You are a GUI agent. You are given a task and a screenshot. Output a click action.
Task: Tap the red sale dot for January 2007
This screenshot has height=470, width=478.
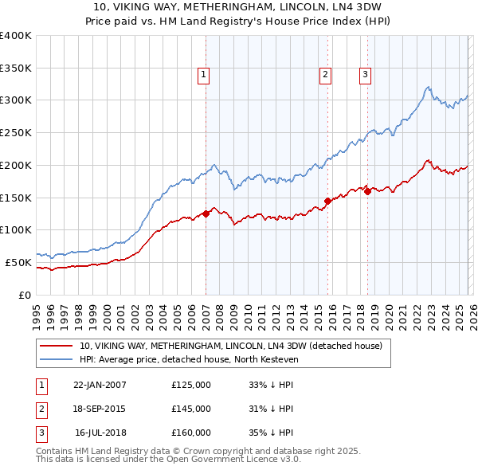(x=206, y=213)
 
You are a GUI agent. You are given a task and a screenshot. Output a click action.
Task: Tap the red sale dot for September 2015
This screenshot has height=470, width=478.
(x=327, y=201)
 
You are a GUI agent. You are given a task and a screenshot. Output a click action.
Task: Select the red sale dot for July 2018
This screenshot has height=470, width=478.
(x=367, y=191)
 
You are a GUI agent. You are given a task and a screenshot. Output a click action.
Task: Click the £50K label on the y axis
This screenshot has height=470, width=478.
(x=18, y=261)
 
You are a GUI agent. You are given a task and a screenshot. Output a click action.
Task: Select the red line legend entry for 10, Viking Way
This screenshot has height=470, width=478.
(x=231, y=346)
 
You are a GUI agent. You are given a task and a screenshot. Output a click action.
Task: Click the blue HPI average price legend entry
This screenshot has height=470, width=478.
(x=188, y=360)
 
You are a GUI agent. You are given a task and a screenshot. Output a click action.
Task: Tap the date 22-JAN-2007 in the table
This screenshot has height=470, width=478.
(x=100, y=385)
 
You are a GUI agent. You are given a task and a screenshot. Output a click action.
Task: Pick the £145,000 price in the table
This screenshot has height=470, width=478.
(x=191, y=409)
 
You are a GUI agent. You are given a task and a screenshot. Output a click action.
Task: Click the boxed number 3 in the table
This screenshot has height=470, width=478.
(x=39, y=433)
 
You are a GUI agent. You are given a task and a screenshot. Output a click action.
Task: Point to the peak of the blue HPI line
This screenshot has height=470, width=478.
(x=428, y=87)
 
